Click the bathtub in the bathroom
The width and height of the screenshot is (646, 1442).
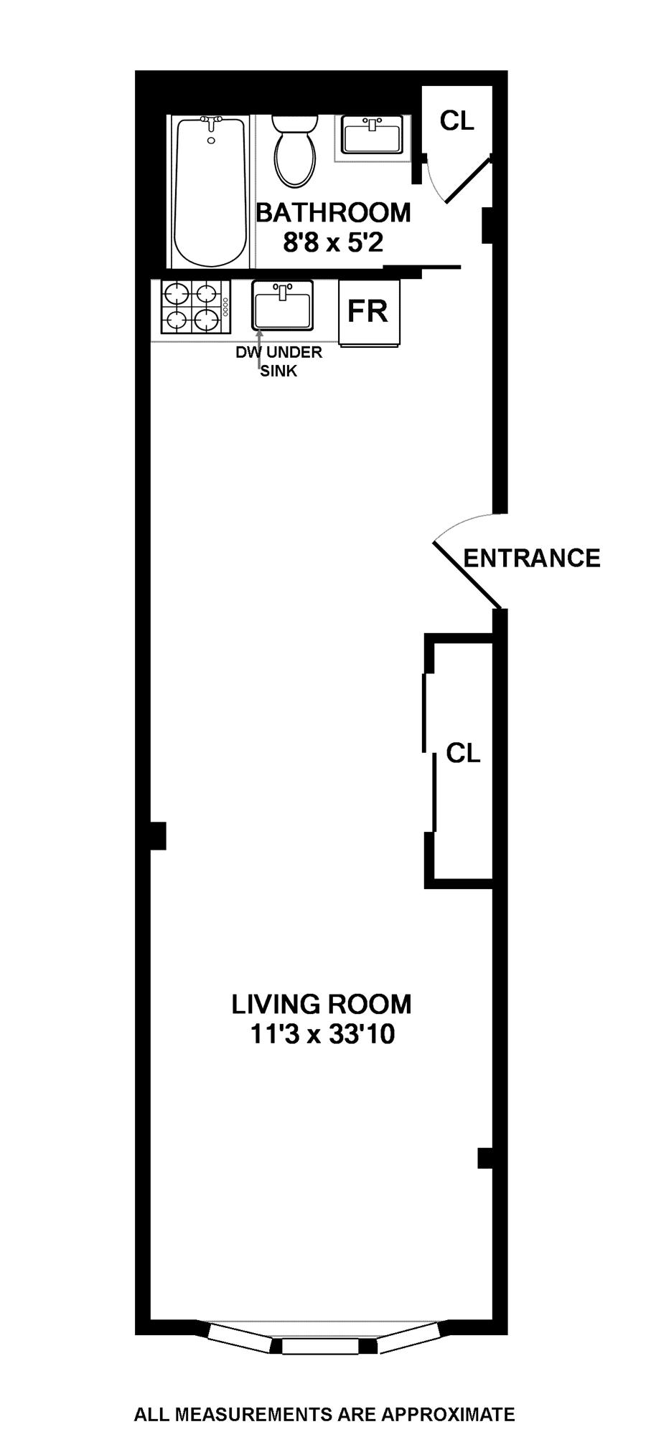coord(209,192)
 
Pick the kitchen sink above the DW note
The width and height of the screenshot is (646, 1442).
coord(283,305)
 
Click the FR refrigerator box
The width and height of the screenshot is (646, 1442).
coord(368,312)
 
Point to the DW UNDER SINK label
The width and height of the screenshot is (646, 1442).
coord(279,361)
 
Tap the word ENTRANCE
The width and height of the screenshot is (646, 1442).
coord(532,558)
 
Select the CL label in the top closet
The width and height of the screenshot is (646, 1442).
coord(457,120)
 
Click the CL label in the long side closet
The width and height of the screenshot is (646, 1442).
coord(463,753)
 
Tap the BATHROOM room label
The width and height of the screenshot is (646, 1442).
coord(334,213)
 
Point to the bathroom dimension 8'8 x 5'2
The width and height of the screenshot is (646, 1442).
coord(334,243)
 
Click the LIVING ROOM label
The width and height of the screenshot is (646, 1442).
coord(322,1004)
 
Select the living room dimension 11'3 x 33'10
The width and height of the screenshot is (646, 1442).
coord(322,1035)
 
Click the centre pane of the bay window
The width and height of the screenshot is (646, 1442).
coord(319,1347)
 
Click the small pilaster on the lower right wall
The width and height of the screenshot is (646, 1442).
coord(485,1158)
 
